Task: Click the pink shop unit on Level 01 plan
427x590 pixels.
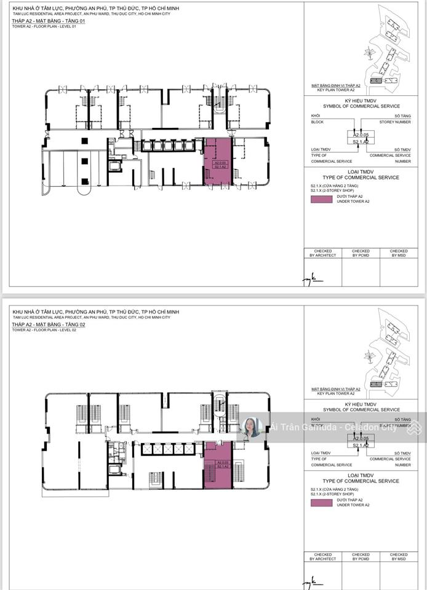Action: click(217, 161)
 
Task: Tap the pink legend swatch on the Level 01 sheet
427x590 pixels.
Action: click(321, 199)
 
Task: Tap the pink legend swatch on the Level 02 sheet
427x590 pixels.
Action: click(321, 502)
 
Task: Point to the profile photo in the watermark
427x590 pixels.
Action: click(252, 427)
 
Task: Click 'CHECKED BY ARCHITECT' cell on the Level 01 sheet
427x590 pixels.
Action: click(324, 253)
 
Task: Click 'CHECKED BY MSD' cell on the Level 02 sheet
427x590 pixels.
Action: click(398, 556)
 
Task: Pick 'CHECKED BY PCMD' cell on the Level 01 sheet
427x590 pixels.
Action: click(361, 253)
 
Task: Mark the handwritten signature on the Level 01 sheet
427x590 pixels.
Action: click(312, 278)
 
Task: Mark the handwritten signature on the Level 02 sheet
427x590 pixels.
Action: click(312, 580)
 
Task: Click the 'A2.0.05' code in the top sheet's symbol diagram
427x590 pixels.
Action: click(361, 134)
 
